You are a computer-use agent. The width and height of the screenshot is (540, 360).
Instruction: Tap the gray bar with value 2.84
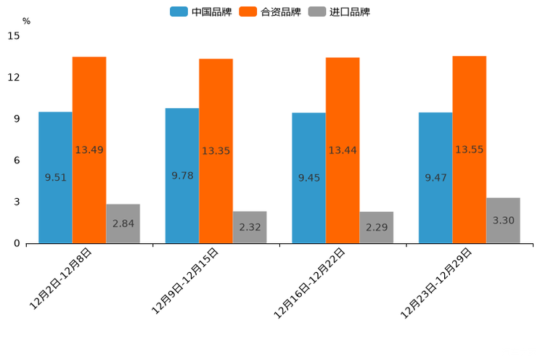pos(123,224)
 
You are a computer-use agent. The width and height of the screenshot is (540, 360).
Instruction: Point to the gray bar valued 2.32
pos(250,227)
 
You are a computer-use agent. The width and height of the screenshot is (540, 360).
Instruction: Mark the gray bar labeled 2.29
pos(376,227)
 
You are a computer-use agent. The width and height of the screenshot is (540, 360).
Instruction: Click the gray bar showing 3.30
pos(503,220)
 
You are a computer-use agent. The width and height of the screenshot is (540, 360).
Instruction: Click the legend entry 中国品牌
pos(201,12)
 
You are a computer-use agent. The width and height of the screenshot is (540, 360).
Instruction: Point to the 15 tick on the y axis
pos(14,36)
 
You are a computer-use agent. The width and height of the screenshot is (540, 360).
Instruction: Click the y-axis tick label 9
pos(17,119)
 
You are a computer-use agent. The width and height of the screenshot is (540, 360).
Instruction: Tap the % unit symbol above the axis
pos(26,22)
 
